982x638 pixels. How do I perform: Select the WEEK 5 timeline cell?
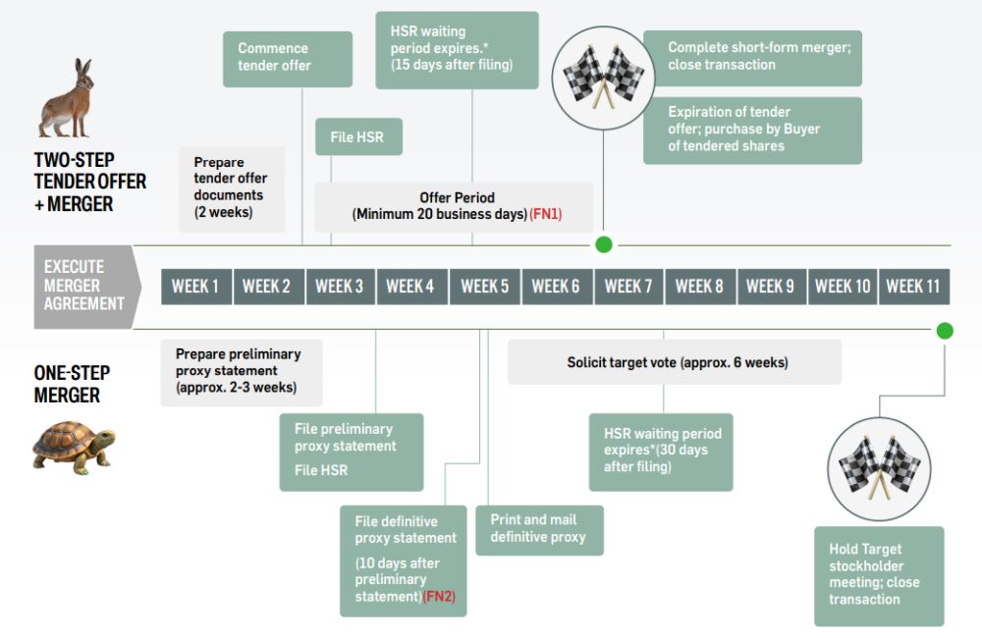click(x=484, y=287)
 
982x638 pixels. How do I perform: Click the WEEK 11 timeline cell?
click(x=913, y=287)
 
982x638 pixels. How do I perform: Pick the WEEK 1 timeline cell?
click(x=195, y=287)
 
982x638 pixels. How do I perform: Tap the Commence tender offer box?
click(x=288, y=58)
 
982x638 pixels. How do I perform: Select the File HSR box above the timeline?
click(x=358, y=137)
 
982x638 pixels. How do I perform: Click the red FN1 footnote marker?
click(x=546, y=214)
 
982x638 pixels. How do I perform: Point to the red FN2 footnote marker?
click(x=440, y=597)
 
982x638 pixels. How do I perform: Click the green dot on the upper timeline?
click(x=603, y=244)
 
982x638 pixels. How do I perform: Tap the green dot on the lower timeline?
click(x=945, y=331)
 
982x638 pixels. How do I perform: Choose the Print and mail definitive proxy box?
click(x=539, y=529)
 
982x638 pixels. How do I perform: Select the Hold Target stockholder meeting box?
click(x=878, y=575)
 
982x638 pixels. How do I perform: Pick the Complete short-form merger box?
click(x=752, y=57)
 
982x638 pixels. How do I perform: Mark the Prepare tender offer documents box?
click(x=232, y=187)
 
